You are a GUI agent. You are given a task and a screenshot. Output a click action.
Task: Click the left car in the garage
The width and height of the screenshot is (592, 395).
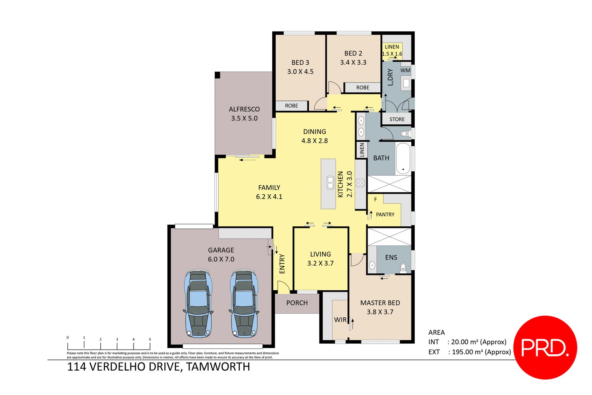click(199, 304)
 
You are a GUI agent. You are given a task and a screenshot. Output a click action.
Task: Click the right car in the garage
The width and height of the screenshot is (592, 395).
click(244, 304)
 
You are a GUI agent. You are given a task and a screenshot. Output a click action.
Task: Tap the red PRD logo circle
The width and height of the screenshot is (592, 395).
click(545, 347)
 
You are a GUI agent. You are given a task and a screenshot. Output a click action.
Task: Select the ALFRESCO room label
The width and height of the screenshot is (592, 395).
click(244, 109)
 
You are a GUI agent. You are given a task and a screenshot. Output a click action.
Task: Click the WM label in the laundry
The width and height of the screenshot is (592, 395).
click(405, 70)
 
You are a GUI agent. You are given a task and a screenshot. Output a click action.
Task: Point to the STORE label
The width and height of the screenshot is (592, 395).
click(397, 119)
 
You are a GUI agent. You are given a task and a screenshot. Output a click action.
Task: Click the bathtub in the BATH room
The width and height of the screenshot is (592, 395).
click(403, 159)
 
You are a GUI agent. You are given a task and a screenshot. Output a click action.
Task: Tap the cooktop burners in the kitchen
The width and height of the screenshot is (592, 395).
click(360, 183)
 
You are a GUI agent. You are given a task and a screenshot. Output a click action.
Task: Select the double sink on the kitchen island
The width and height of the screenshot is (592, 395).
click(330, 182)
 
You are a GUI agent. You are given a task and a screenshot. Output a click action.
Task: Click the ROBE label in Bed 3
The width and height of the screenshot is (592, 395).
click(291, 106)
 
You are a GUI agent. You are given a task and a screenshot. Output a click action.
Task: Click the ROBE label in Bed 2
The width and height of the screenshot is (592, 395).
click(363, 88)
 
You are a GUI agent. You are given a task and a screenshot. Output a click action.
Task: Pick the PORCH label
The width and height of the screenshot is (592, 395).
click(297, 303)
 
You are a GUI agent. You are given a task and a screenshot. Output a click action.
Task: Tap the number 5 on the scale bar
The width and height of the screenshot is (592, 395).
click(150, 339)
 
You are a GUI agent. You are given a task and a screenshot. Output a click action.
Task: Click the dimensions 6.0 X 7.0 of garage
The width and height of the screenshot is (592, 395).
click(221, 259)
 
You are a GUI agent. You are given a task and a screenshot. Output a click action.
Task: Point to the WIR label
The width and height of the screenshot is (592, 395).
click(340, 320)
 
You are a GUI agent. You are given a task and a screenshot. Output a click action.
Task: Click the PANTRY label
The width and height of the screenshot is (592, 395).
click(385, 215)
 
